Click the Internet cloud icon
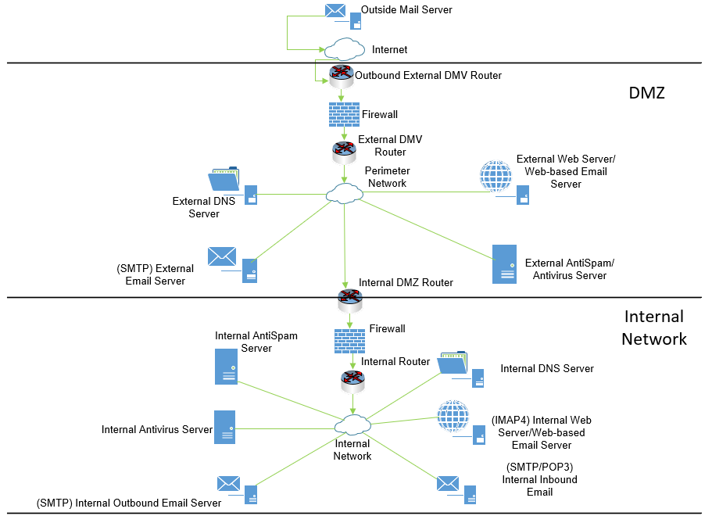tap(345, 49)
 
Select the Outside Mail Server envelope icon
tap(335, 11)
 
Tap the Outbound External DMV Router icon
tap(342, 76)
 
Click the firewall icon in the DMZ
tap(344, 114)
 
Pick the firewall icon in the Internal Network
tap(349, 341)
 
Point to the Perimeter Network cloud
tap(344, 193)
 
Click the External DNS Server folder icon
tap(224, 180)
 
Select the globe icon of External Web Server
tap(496, 176)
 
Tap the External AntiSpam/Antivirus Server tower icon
tap(504, 263)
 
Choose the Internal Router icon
tap(352, 381)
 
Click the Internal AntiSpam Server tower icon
tap(226, 366)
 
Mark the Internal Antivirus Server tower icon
tap(225, 428)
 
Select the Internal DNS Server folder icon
tap(453, 363)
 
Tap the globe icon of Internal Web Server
tap(453, 417)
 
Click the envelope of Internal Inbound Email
tap(448, 483)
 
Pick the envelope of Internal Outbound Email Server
tap(228, 484)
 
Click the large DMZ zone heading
tap(646, 93)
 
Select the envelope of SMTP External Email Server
tap(222, 256)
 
